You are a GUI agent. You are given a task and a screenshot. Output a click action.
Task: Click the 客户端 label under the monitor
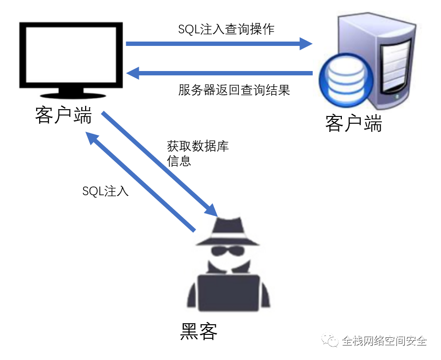click(x=63, y=116)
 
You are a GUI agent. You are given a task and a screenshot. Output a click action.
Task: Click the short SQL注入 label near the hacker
click(x=105, y=191)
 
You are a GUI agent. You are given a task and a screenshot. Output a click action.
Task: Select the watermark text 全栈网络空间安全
click(x=384, y=341)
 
